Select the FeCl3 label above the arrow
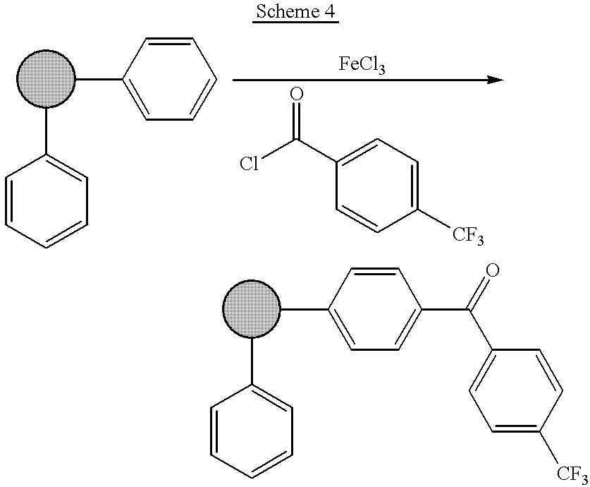point(362,64)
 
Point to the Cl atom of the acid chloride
point(250,164)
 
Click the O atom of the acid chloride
point(297,94)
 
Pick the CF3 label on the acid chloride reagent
point(468,236)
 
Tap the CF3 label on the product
point(572,474)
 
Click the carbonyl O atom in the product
point(493,270)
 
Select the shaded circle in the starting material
point(46,79)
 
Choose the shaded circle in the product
point(252,309)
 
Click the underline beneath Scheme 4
point(296,22)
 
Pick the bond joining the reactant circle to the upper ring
point(99,79)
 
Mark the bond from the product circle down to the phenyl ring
point(252,362)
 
